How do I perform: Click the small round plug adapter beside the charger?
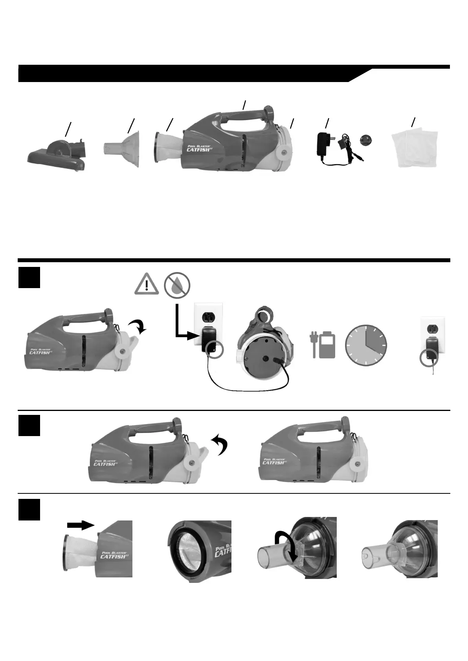pyautogui.click(x=366, y=141)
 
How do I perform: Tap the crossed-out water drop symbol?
pyautogui.click(x=177, y=284)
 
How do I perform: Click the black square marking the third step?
pyautogui.click(x=29, y=509)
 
